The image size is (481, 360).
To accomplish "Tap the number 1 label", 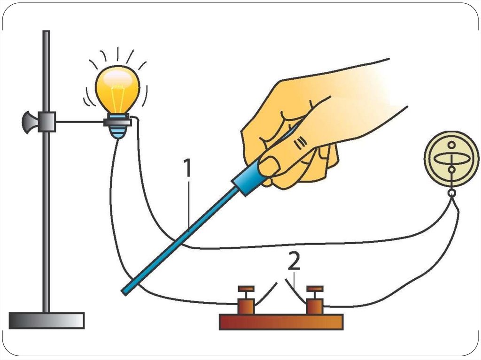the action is point(187,169).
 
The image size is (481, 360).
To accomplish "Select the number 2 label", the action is point(294,263).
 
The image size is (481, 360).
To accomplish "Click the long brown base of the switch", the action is point(281,322).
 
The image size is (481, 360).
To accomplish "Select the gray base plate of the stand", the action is point(47,320).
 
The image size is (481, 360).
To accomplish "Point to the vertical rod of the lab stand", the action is point(46,211).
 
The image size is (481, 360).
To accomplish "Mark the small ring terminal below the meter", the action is point(451,193).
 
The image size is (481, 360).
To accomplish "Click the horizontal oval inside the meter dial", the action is point(451,159).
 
